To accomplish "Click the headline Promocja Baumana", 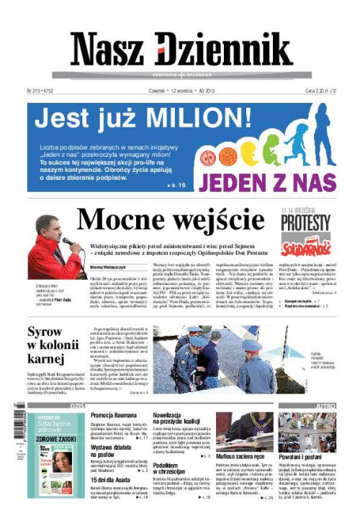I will [114, 416].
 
